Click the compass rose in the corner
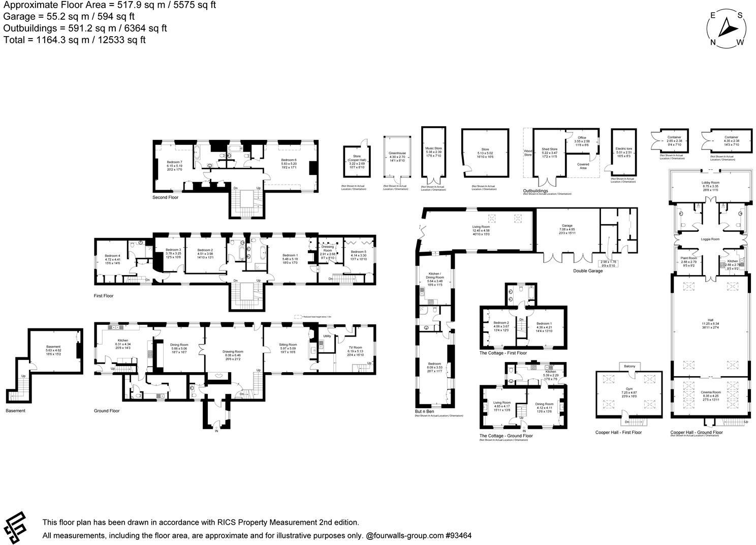pos(727,28)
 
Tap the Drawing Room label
pos(233,351)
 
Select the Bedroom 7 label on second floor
pos(174,148)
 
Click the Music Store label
pos(433,148)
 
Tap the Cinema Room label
pos(710,392)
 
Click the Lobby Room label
pos(710,182)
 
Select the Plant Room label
pos(688,258)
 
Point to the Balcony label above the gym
pos(629,366)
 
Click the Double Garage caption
pos(588,271)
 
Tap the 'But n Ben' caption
pos(424,411)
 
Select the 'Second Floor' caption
pos(165,197)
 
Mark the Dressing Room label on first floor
pos(328,249)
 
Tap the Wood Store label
pos(527,153)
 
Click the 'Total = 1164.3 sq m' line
pos(75,40)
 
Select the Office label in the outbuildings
pos(582,138)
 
